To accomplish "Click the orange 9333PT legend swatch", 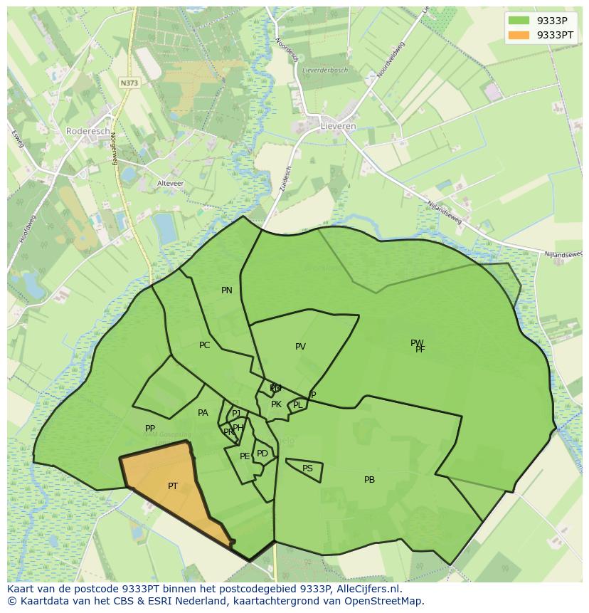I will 519,35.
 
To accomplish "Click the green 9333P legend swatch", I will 519,21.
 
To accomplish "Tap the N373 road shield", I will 129,83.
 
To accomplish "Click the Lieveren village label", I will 339,126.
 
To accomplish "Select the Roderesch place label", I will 88,131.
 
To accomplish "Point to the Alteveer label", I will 170,184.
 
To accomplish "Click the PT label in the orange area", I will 173,486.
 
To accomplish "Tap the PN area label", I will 227,290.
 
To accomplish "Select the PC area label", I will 205,345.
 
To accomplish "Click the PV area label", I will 300,347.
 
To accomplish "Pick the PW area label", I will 416,343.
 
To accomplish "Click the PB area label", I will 369,480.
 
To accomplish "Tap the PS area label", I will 307,468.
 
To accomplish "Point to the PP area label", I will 150,429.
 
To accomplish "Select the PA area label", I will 203,413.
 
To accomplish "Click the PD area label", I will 262,454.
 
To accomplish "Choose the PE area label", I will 245,456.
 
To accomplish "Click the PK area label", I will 276,404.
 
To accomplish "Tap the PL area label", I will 297,405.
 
